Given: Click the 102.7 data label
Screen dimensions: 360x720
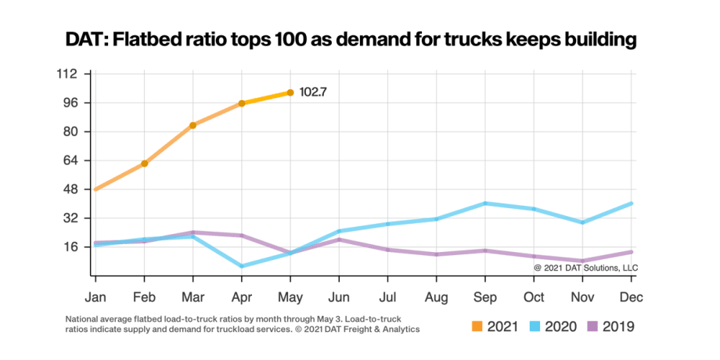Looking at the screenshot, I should [313, 92].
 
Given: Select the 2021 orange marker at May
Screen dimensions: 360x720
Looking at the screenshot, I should [290, 92].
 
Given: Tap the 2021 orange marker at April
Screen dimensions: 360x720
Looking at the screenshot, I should [242, 103].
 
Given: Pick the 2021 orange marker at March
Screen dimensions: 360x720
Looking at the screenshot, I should [193, 125].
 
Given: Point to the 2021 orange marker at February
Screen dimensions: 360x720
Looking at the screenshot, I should [144, 164].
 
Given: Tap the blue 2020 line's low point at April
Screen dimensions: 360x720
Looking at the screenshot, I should [242, 266].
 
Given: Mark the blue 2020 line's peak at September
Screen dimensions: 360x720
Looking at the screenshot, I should [485, 203].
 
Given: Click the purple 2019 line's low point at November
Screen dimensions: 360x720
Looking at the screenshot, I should [583, 261].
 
